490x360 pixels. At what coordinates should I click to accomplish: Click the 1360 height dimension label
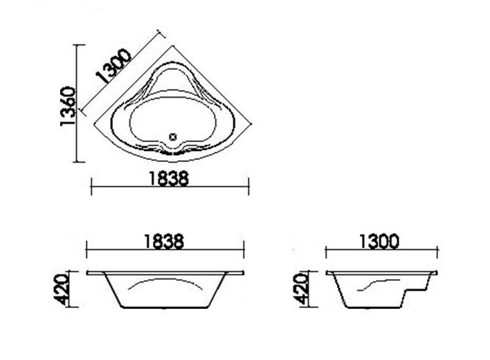[x=67, y=106]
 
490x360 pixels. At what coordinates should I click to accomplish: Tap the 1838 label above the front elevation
[x=164, y=242]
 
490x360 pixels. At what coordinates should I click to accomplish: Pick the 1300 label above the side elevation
[x=379, y=242]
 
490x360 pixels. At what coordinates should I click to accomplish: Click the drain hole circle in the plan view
[x=173, y=136]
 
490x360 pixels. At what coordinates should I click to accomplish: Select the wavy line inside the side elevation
[x=376, y=283]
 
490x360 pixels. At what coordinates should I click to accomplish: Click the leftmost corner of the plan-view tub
[x=93, y=125]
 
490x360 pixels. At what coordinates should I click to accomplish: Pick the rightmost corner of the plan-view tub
[x=248, y=125]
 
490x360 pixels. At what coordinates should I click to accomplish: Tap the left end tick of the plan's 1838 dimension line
[x=93, y=185]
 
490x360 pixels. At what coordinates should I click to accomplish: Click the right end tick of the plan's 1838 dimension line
[x=248, y=185]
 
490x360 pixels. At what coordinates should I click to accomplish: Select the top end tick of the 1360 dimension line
[x=79, y=45]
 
